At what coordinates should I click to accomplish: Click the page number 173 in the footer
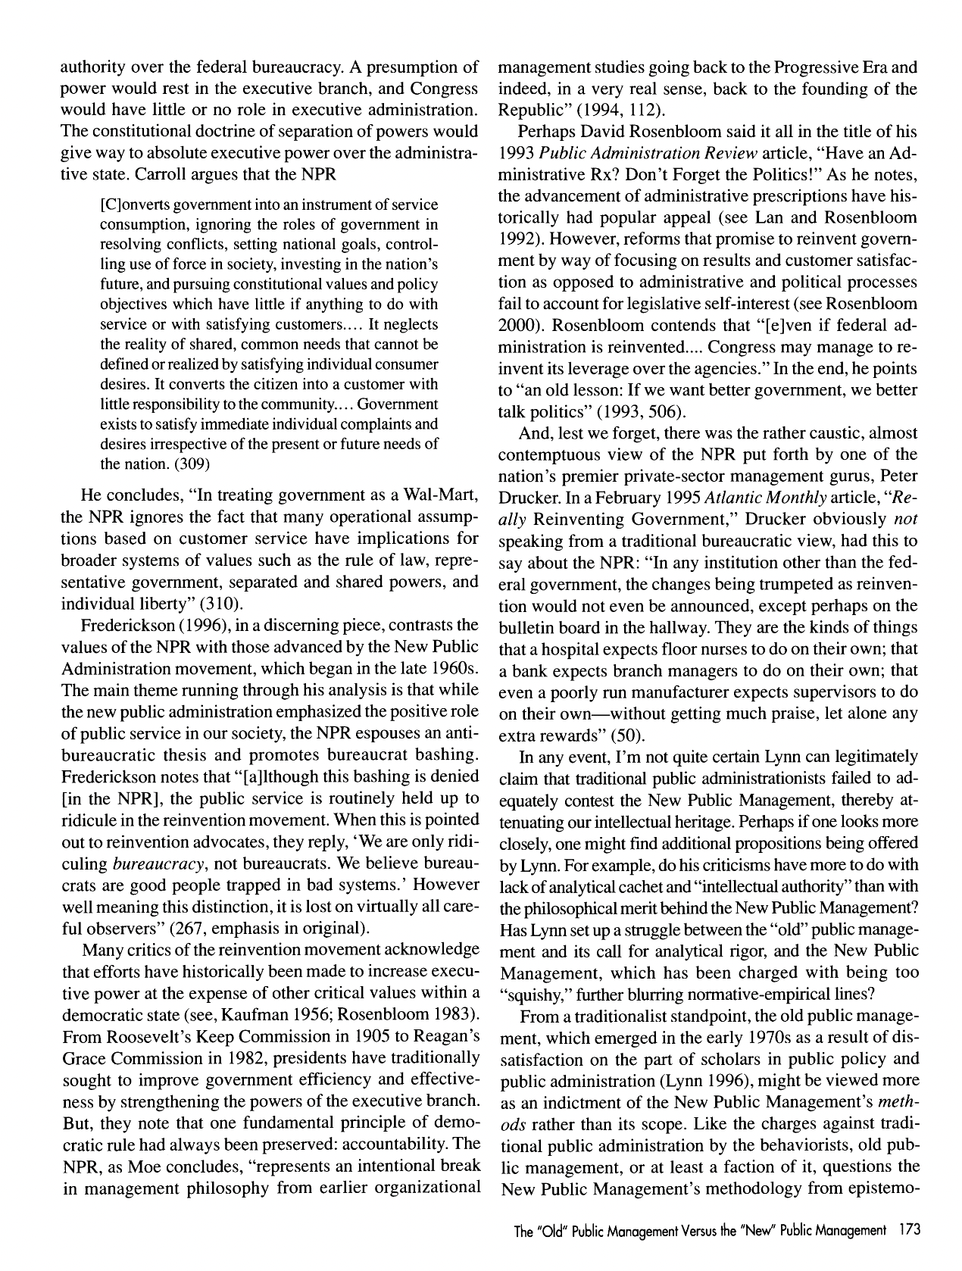click(906, 1231)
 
